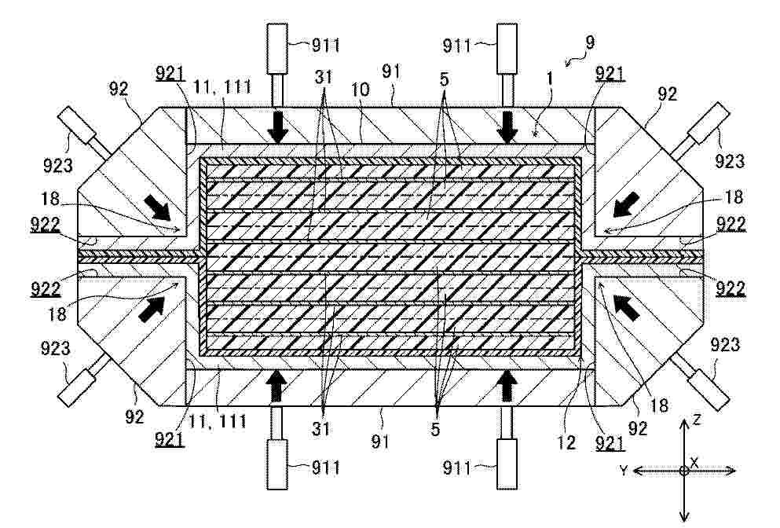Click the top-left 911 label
pos(326,46)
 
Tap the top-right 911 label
pos(456,46)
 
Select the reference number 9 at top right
pos(589,42)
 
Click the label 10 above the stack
pos(361,90)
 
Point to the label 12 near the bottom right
pos(566,442)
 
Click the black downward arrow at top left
pos(277,128)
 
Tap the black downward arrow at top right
pos(508,128)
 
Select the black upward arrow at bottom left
pos(277,387)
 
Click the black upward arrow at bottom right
pos(507,387)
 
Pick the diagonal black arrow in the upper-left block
pos(157,207)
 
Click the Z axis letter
pos(697,420)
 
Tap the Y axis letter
pos(624,469)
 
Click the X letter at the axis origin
pos(694,462)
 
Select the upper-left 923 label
pos(57,166)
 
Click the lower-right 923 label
pos(725,344)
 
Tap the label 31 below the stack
pos(320,428)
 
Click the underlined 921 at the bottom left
pos(170,439)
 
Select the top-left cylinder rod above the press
pos(277,90)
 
